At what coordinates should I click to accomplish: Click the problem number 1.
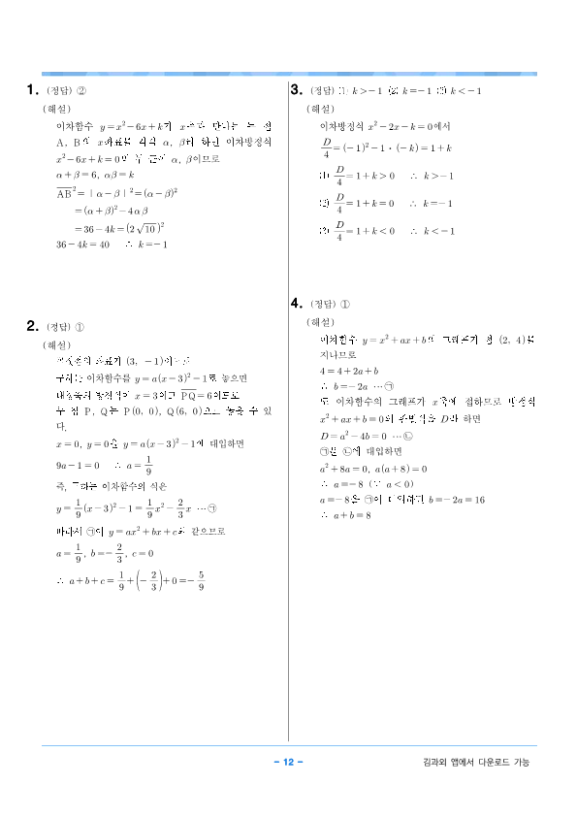pyautogui.click(x=31, y=91)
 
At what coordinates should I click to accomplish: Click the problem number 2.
pyautogui.click(x=31, y=326)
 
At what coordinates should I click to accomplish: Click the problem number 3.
pyautogui.click(x=297, y=90)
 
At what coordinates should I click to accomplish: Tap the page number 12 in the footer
pyautogui.click(x=288, y=762)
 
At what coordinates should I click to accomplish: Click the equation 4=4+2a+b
pyautogui.click(x=349, y=372)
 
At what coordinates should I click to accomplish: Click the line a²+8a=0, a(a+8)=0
pyautogui.click(x=373, y=468)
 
